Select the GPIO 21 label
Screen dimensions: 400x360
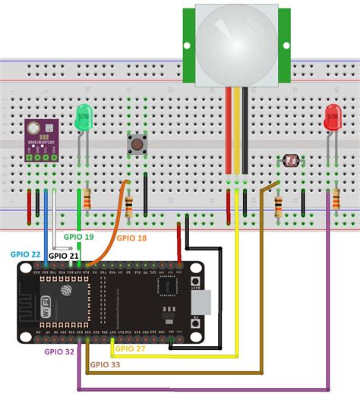[x=63, y=256]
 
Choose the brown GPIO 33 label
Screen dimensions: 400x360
[x=106, y=364]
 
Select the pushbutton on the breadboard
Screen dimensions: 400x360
[x=137, y=143]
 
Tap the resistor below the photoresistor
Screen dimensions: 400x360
[x=279, y=205]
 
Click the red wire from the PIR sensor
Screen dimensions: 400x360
[x=229, y=129]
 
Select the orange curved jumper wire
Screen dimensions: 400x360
[x=114, y=220]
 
